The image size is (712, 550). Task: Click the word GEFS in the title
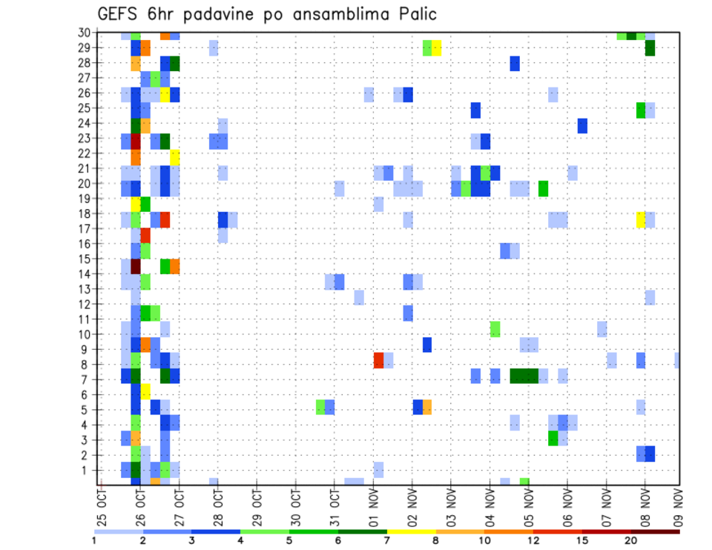(x=121, y=14)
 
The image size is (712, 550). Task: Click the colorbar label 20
(x=631, y=540)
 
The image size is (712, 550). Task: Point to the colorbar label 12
(x=533, y=540)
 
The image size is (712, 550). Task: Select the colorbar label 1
(x=94, y=540)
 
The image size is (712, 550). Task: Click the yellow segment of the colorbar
(x=412, y=531)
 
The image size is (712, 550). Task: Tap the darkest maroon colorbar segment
(x=656, y=531)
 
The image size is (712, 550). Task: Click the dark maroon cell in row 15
(x=136, y=265)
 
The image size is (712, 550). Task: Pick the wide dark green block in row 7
(x=524, y=376)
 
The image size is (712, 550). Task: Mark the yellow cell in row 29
(x=437, y=48)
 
